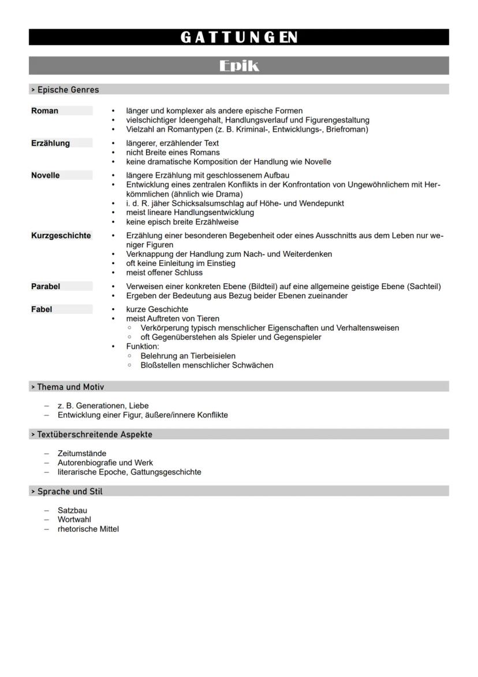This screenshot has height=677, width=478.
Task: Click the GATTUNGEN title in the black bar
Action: pyautogui.click(x=239, y=38)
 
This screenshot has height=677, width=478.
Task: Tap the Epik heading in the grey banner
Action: pyautogui.click(x=239, y=66)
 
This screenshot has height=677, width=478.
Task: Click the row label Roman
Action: pyautogui.click(x=45, y=110)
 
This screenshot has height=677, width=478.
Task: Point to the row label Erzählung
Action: pyautogui.click(x=51, y=143)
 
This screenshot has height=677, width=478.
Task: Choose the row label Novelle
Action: pyautogui.click(x=46, y=175)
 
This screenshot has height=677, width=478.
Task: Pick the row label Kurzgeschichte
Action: pyautogui.click(x=61, y=235)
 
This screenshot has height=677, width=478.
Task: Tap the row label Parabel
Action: pyautogui.click(x=46, y=286)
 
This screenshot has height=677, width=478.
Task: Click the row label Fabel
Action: pyautogui.click(x=42, y=309)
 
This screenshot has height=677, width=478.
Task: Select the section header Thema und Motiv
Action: pyautogui.click(x=70, y=387)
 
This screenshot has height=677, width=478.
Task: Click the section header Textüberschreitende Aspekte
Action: pyautogui.click(x=95, y=434)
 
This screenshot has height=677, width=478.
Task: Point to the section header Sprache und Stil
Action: pyautogui.click(x=70, y=491)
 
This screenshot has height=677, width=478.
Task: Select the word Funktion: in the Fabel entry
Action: pyautogui.click(x=142, y=346)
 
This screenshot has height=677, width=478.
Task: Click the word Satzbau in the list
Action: pyautogui.click(x=72, y=510)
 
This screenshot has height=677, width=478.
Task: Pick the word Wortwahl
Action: pyautogui.click(x=74, y=519)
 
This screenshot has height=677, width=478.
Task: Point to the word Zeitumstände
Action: pyautogui.click(x=82, y=453)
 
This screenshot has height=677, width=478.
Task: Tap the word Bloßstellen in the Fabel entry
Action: pyautogui.click(x=161, y=365)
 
